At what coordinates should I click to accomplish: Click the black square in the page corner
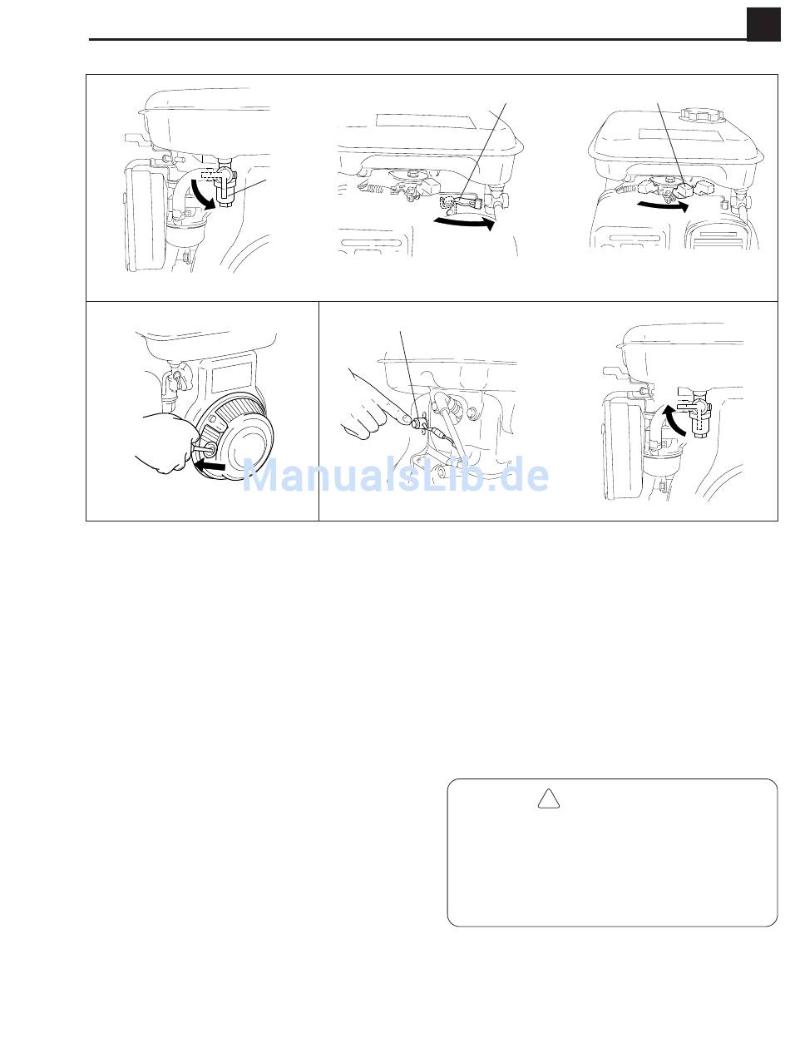[x=763, y=25]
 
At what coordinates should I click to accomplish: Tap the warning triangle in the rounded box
[x=548, y=798]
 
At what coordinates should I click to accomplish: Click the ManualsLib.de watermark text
[x=395, y=474]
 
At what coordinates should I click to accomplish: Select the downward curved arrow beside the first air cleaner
[x=202, y=194]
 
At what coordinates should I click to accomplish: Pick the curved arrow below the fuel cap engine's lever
[x=662, y=205]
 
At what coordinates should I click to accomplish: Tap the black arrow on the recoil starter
[x=210, y=467]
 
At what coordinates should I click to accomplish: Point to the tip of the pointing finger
[x=406, y=418]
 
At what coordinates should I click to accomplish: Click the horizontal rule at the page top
[x=418, y=40]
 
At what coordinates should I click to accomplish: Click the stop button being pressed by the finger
[x=416, y=423]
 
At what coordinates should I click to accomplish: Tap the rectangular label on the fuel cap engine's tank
[x=681, y=136]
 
